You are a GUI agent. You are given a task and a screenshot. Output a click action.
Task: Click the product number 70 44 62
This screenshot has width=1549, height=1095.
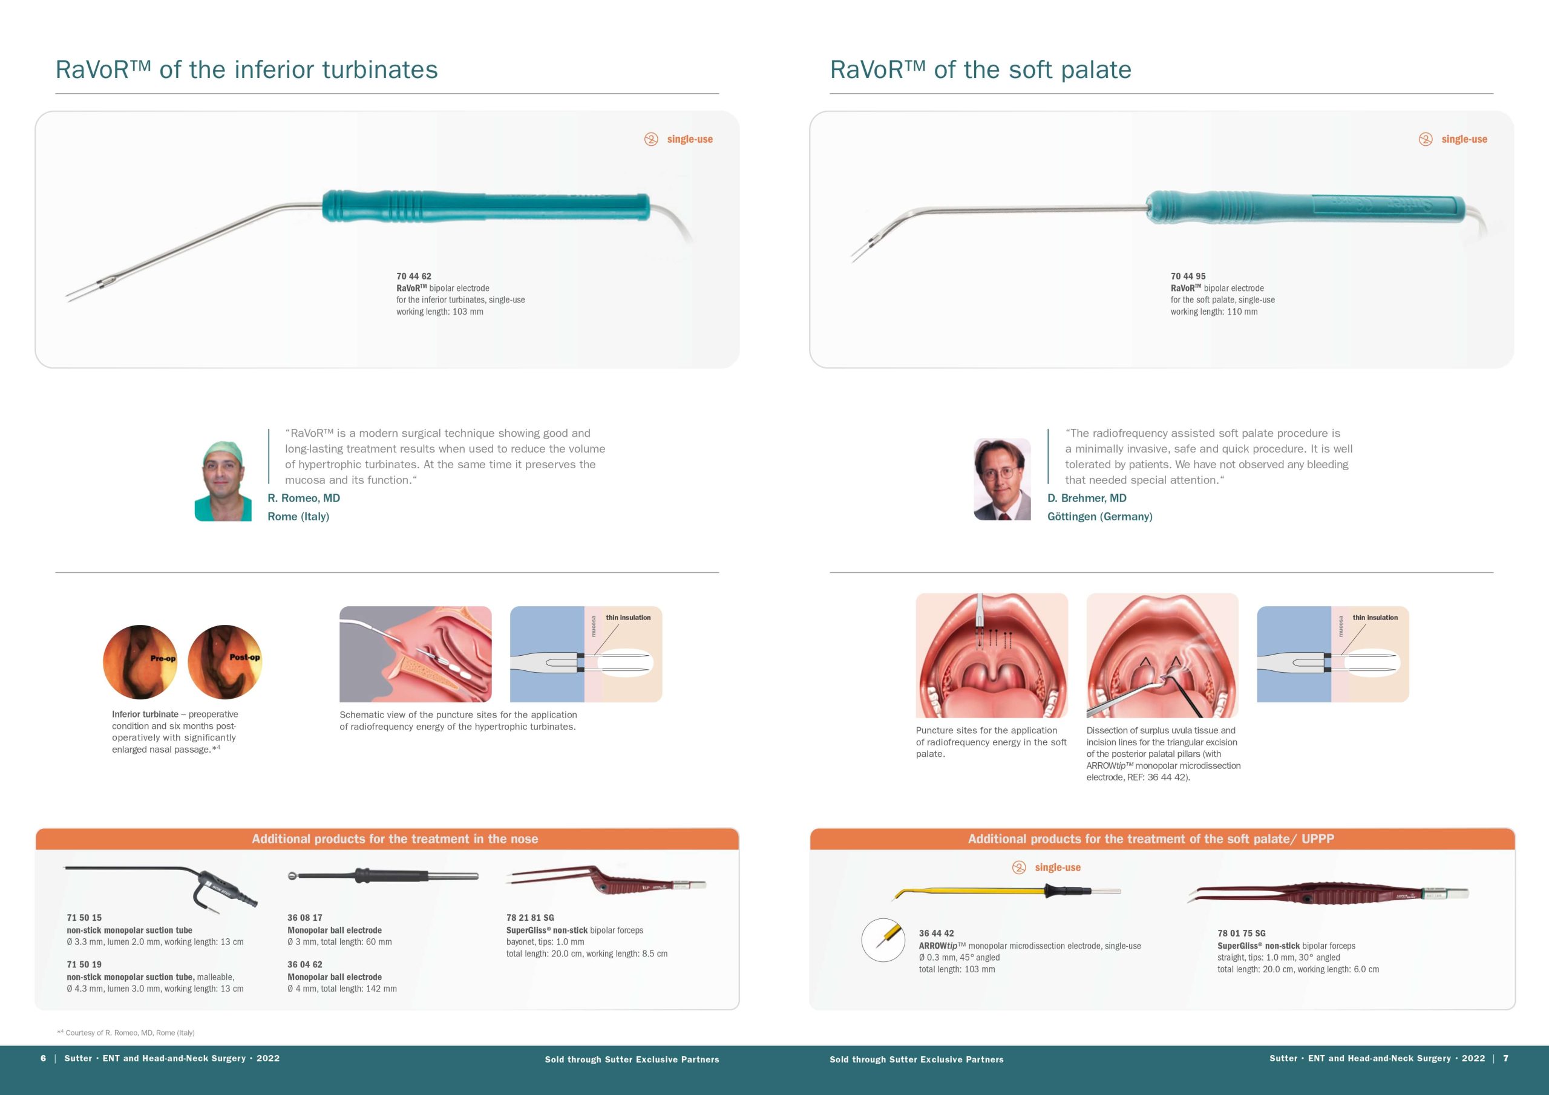pos(413,276)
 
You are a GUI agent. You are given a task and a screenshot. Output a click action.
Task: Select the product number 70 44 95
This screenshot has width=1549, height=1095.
pos(1188,276)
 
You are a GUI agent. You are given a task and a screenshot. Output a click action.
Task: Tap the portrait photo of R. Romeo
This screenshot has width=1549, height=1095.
pos(223,480)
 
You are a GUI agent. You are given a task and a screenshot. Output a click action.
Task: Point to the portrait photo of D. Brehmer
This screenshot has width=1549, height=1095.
pos(1002,479)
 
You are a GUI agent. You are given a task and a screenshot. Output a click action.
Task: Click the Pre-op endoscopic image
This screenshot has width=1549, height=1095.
pos(140,662)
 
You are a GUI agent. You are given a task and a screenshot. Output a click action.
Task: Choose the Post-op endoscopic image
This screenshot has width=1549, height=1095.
pos(224,662)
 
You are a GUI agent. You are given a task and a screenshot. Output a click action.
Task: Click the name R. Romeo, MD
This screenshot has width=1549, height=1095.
pos(304,498)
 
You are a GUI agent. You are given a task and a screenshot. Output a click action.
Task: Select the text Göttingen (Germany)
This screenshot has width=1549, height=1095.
pos(1099,516)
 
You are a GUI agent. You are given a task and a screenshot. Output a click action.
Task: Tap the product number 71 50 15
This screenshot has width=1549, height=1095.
pos(84,918)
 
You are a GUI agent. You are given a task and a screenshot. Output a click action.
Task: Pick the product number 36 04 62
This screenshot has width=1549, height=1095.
pos(305,964)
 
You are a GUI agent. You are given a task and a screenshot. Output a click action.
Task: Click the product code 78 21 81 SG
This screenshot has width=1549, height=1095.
pos(530,918)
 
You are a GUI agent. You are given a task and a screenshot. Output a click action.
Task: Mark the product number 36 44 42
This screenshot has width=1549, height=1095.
pos(937,933)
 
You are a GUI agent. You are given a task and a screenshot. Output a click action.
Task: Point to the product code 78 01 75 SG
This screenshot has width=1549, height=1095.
pos(1242,933)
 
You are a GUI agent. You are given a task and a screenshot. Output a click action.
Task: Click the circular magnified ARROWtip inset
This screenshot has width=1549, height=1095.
pos(883,940)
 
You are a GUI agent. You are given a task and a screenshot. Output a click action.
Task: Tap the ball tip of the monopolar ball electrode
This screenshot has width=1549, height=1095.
pos(292,877)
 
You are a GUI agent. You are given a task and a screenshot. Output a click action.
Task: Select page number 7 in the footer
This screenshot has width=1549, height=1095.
pos(1506,1058)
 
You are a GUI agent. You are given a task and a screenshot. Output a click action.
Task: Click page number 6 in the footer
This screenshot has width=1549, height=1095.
pos(43,1058)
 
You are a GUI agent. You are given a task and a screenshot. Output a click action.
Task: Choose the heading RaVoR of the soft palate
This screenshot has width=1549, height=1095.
pos(980,70)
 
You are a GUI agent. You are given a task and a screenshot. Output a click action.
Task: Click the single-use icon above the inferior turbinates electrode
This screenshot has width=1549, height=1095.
pos(651,139)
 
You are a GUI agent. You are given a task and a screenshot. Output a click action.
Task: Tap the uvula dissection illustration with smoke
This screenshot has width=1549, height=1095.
pos(1162,655)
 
